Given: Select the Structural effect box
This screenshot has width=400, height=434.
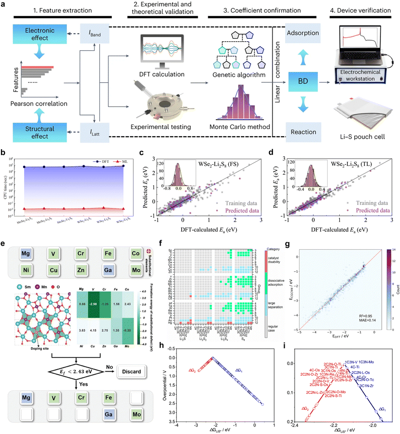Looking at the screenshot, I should pyautogui.click(x=37, y=123).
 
